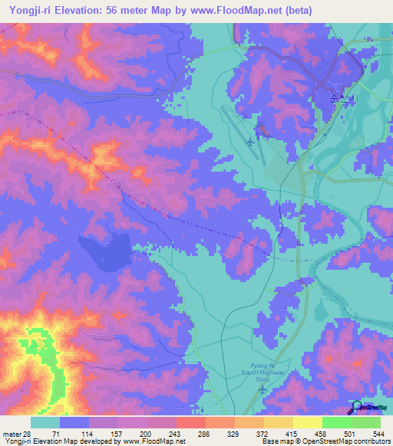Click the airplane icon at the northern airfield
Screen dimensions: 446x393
(x=253, y=142)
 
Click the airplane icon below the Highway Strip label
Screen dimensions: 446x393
(x=263, y=391)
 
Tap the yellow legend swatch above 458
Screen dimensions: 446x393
(x=307, y=422)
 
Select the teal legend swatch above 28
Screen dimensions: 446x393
(x=45, y=422)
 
